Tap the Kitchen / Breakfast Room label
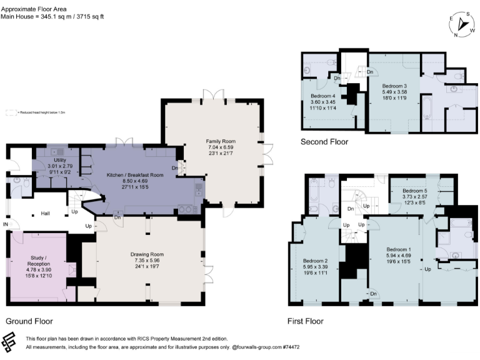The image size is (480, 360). click(134, 175)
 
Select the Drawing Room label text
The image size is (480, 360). click(147, 254)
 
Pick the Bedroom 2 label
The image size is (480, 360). click(316, 261)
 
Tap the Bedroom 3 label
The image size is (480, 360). click(394, 86)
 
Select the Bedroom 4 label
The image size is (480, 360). click(314, 96)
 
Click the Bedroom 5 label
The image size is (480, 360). click(414, 190)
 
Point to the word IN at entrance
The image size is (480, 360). click(6, 224)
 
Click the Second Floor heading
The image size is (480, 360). click(324, 142)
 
